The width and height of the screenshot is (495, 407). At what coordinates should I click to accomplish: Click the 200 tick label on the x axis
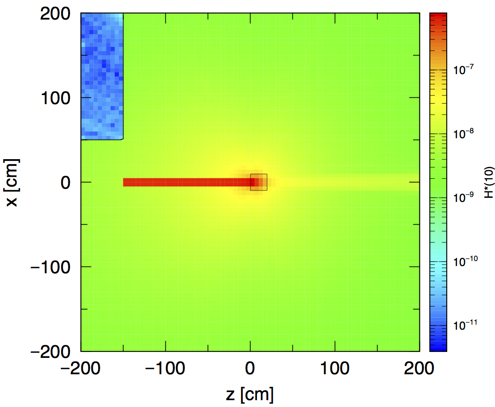(x=55, y=14)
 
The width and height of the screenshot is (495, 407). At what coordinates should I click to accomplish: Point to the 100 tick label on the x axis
(x=56, y=98)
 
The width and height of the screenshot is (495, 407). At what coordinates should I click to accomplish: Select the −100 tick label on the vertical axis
(x=51, y=267)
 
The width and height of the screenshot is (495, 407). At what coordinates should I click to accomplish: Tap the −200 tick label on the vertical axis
(x=51, y=352)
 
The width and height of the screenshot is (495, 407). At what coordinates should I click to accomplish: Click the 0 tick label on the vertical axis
(x=66, y=183)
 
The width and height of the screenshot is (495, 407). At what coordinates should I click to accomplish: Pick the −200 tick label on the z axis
(x=81, y=368)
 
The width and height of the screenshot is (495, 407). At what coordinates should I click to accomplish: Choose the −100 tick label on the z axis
(x=165, y=368)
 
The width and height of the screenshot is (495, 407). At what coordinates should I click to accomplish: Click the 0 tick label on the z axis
(x=250, y=368)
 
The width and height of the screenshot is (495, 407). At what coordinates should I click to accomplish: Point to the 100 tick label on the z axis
(x=335, y=368)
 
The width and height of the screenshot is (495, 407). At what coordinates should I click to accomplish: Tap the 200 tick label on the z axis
(x=419, y=368)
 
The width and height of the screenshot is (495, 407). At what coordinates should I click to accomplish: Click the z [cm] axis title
(x=250, y=394)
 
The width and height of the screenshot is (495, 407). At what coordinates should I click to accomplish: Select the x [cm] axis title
(x=12, y=183)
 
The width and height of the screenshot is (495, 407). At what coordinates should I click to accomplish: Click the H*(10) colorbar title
(x=489, y=183)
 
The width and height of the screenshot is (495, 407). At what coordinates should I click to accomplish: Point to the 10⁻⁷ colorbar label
(x=464, y=70)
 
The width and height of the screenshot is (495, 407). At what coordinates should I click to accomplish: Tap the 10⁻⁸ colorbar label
(x=464, y=134)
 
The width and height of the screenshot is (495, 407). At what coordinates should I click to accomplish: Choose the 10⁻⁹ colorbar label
(x=464, y=197)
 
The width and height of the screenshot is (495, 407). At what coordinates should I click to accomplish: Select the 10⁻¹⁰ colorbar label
(x=465, y=261)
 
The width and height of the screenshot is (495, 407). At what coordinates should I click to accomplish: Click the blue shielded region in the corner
(x=102, y=76)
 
